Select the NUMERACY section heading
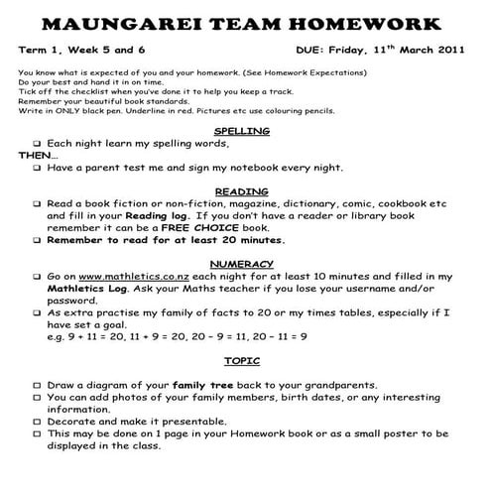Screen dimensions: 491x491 243,263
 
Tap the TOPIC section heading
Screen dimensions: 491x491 243,361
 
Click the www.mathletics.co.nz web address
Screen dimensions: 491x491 134,276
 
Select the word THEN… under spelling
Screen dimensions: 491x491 37,156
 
